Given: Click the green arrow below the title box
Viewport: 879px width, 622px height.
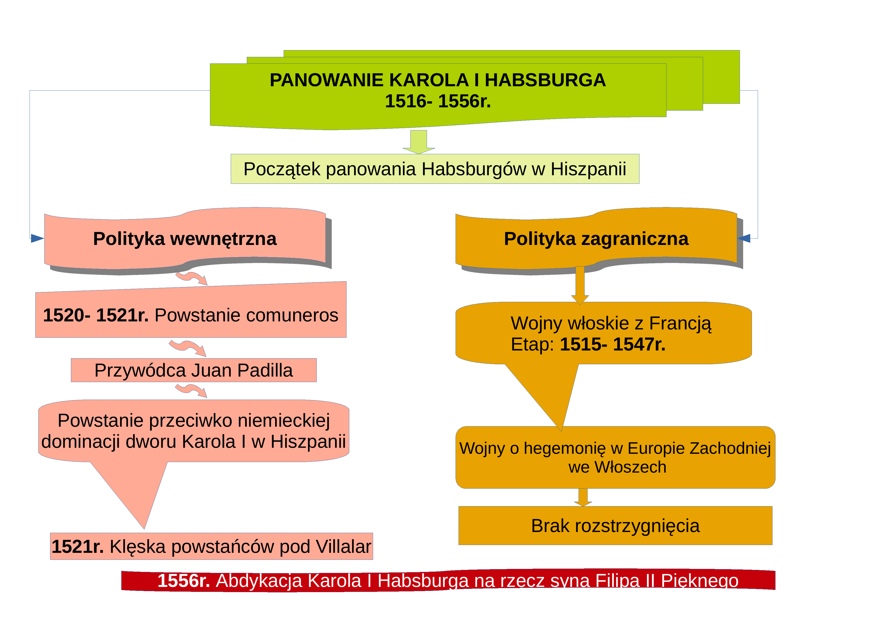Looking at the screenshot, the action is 418,142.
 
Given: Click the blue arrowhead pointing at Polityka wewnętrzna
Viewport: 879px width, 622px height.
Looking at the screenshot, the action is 38,238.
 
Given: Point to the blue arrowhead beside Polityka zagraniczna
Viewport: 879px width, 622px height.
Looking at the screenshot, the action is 744,238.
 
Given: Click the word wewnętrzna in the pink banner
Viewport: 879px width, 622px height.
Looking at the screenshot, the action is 223,239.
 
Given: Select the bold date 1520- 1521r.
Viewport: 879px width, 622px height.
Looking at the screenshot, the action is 96,315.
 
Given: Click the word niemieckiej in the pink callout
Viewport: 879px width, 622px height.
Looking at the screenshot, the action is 284,420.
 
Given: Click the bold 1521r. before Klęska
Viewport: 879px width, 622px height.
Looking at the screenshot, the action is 78,547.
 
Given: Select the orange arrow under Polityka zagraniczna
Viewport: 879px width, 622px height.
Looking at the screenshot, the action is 580,285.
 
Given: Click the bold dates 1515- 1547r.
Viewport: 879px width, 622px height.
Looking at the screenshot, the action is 613,344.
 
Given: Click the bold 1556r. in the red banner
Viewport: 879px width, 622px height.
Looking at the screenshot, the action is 184,581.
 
